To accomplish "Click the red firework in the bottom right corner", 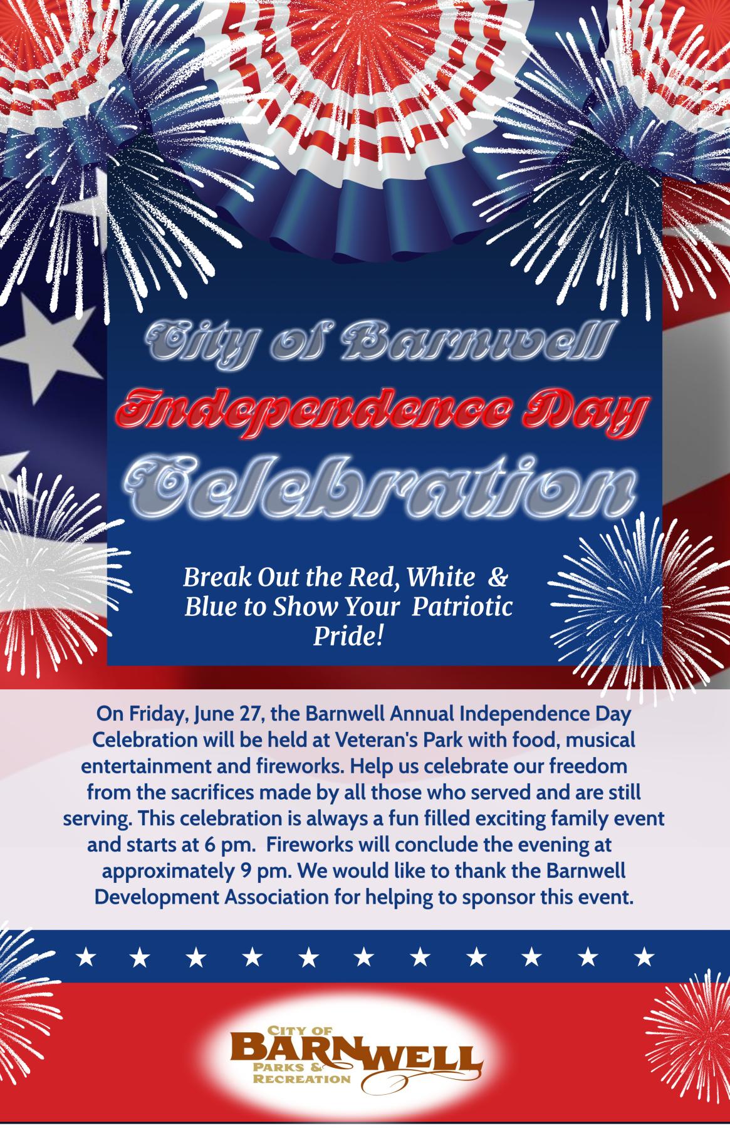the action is pyautogui.click(x=689, y=1028).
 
